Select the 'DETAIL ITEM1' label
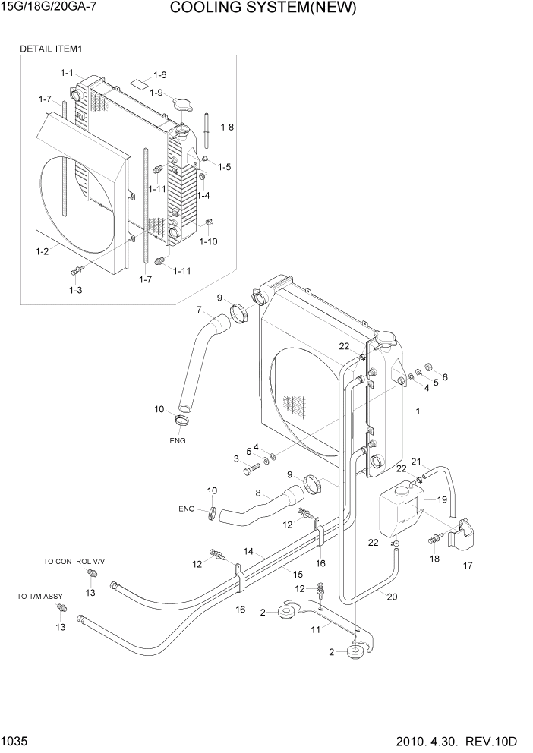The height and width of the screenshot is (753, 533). point(51,49)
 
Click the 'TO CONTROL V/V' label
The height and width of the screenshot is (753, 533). point(74,561)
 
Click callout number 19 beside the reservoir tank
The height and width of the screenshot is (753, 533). point(442,500)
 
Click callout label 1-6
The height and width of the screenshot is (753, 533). point(159,74)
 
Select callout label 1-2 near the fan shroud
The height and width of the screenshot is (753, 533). point(43,250)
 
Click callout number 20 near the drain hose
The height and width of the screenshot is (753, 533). point(392,596)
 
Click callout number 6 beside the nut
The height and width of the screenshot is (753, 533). point(445,377)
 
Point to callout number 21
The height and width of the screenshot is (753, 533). point(415,462)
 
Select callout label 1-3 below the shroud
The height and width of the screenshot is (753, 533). point(75,290)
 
